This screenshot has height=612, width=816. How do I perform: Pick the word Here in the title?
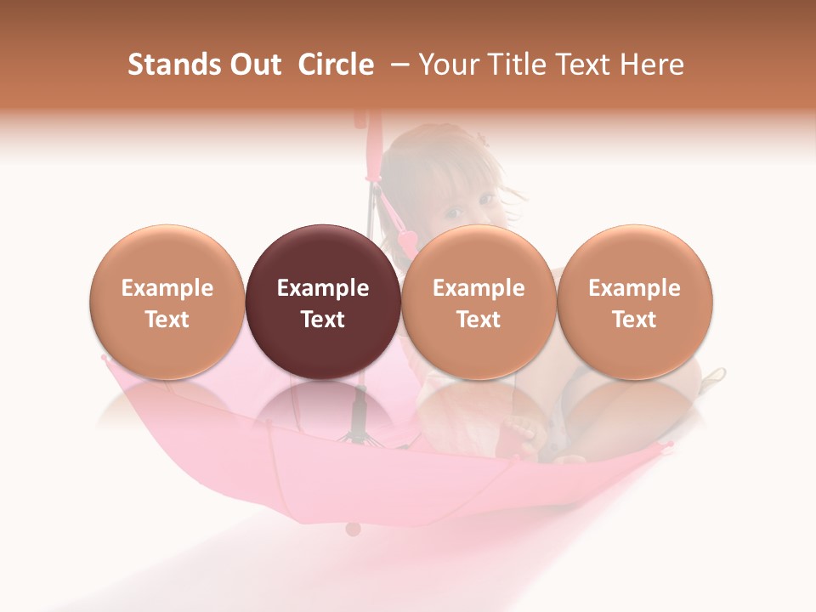[651, 65]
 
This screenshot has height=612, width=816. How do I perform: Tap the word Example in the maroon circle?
[322, 288]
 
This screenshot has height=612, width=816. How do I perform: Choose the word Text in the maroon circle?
[322, 320]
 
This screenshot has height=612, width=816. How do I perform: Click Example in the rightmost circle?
[634, 288]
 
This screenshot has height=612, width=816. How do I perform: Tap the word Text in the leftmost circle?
[167, 320]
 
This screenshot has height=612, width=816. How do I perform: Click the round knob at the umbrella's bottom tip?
[353, 529]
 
